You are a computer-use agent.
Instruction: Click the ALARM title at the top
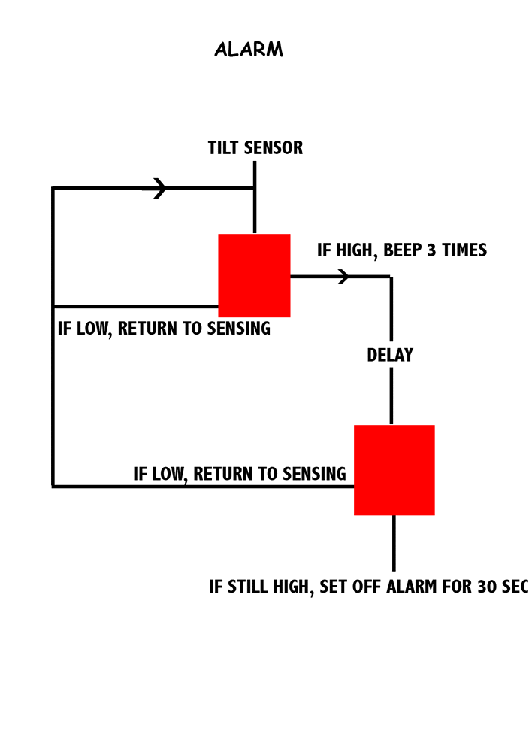[x=249, y=50]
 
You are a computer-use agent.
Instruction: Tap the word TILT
[x=224, y=148]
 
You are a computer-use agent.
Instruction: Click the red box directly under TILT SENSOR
[x=254, y=275]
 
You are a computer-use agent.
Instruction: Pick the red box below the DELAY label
[x=394, y=469]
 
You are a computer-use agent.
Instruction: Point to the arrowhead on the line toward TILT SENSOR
[x=159, y=188]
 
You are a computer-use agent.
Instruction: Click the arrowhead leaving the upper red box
[x=343, y=277]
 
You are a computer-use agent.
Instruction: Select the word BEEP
[x=402, y=250]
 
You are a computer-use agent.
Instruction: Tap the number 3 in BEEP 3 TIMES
[x=431, y=250]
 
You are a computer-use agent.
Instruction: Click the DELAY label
[x=390, y=355]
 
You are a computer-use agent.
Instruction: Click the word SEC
[x=515, y=587]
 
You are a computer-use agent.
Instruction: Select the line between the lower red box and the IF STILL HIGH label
[x=394, y=543]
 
